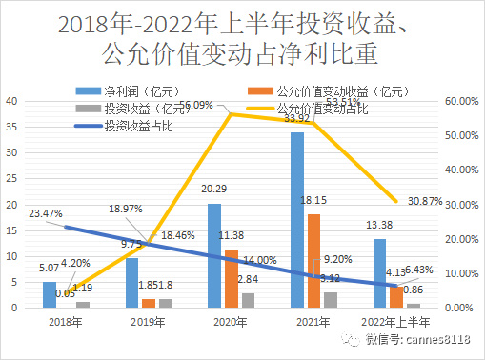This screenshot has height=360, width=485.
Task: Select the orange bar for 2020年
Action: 231,279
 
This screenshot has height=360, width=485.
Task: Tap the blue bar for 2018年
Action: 50,294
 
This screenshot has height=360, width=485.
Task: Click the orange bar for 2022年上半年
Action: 395,297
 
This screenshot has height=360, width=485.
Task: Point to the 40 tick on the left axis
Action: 10,101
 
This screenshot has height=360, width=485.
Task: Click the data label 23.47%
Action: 44,213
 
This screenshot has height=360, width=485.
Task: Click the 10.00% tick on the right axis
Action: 461,273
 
